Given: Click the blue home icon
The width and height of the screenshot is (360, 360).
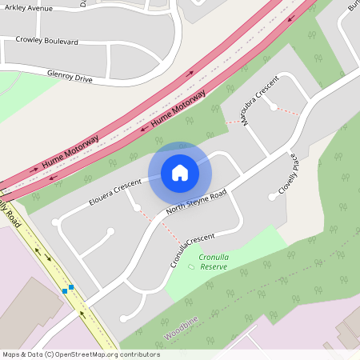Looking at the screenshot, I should (x=180, y=172).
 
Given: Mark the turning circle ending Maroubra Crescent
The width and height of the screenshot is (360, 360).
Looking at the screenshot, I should (x=274, y=107).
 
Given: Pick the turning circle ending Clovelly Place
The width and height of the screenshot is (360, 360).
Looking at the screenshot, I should (x=271, y=197).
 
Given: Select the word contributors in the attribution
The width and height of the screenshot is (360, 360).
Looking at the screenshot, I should (x=139, y=354).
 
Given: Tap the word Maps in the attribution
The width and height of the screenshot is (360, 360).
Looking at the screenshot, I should (x=12, y=354).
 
